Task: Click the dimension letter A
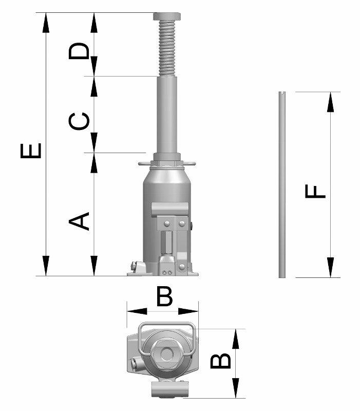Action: click(x=80, y=221)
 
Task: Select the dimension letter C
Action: click(x=80, y=122)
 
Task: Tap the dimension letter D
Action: click(x=80, y=51)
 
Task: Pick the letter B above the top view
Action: click(x=164, y=296)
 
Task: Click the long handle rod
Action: click(x=282, y=185)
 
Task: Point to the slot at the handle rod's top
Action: click(x=282, y=94)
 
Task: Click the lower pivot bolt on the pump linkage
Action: click(x=182, y=266)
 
